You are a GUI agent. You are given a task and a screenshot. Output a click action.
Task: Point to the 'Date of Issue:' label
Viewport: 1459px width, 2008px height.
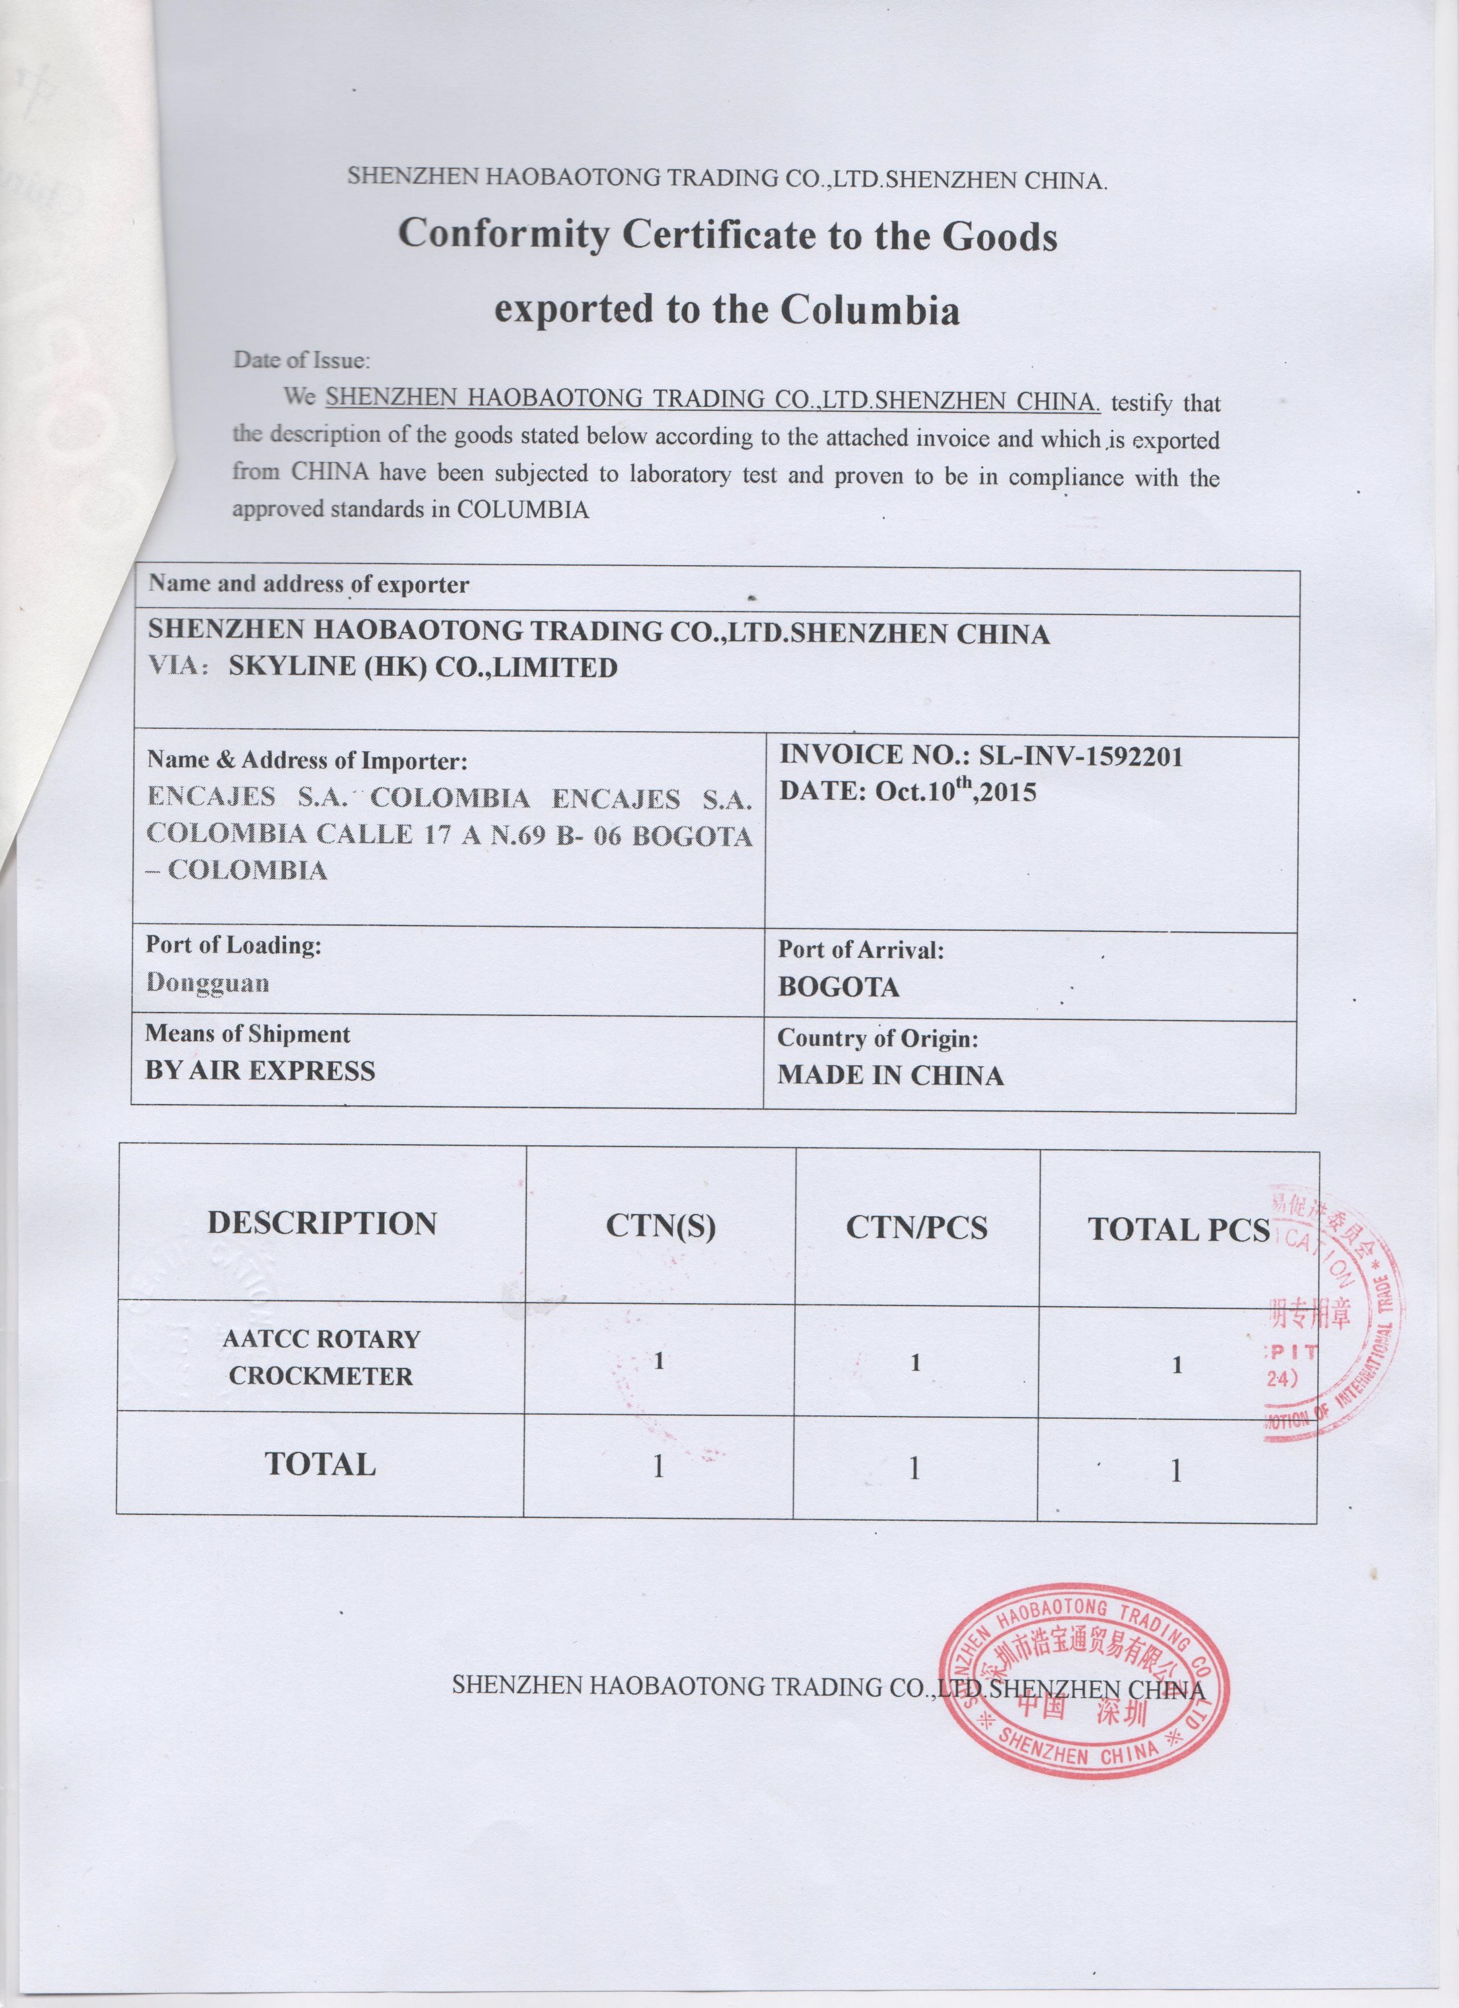point(301,360)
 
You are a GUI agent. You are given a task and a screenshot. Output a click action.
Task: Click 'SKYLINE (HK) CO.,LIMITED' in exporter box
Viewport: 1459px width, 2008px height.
point(423,668)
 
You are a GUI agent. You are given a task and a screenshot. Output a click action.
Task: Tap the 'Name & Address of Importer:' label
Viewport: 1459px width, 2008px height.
point(306,760)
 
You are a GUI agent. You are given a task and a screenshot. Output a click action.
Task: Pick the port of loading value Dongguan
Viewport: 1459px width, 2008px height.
point(208,983)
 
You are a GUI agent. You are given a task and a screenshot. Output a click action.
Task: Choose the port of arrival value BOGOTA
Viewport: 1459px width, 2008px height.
point(838,987)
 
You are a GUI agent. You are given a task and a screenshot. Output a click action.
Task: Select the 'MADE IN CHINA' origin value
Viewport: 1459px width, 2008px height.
point(891,1076)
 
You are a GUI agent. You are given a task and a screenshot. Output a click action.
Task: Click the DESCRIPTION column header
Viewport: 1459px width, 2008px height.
point(322,1224)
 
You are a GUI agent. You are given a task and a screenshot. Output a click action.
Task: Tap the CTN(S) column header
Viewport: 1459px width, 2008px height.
point(660,1226)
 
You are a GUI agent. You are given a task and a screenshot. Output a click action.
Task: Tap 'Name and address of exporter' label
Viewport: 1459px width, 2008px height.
point(308,584)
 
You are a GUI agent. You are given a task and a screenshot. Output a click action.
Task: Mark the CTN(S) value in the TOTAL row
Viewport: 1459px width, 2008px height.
point(658,1466)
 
